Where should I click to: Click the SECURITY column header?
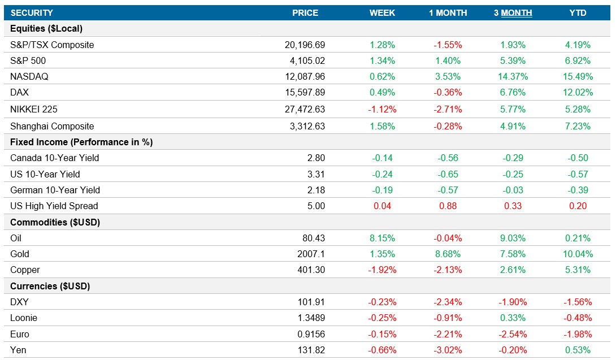tap(32, 12)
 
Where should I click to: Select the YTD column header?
tap(578, 12)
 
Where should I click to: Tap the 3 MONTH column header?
tap(513, 12)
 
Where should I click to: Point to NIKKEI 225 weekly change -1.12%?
tap(382, 109)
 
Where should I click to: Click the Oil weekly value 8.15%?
tap(382, 238)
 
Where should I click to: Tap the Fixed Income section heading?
tap(81, 142)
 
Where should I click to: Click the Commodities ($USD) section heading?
tap(55, 222)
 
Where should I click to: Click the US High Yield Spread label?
tap(54, 206)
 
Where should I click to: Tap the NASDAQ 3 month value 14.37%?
tap(513, 77)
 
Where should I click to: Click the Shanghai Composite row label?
tap(52, 126)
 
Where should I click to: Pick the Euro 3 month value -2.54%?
tap(513, 334)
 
